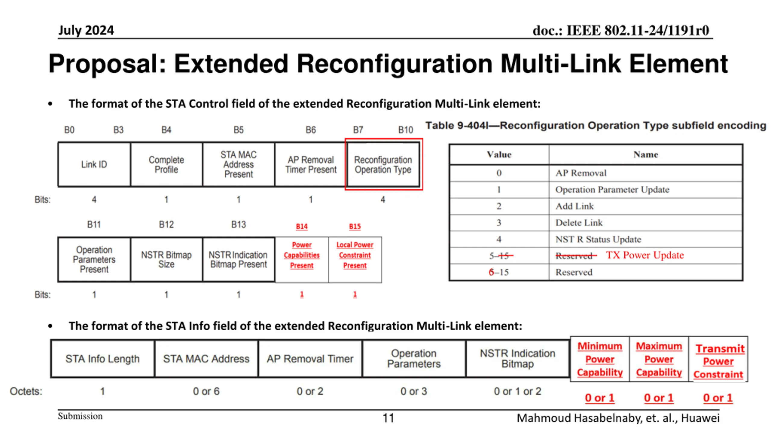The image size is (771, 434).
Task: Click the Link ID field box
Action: pyautogui.click(x=94, y=164)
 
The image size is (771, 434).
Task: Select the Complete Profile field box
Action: pyautogui.click(x=166, y=164)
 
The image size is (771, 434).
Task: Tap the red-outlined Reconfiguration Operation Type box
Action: pyautogui.click(x=383, y=164)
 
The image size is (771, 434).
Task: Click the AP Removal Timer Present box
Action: pyautogui.click(x=311, y=164)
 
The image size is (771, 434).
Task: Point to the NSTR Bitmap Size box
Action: pyautogui.click(x=166, y=259)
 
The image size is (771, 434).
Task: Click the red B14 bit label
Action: pyautogui.click(x=301, y=226)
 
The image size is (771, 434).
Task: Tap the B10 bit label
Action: pyautogui.click(x=405, y=130)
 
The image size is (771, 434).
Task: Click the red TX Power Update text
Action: pyautogui.click(x=645, y=255)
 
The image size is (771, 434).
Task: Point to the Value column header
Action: pyautogui.click(x=499, y=155)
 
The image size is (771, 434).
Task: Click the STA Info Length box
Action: pyautogui.click(x=102, y=359)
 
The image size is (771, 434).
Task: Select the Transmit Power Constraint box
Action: pyautogui.click(x=718, y=361)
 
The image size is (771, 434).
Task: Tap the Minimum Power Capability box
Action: pyautogui.click(x=600, y=359)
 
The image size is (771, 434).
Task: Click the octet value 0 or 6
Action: pyautogui.click(x=206, y=391)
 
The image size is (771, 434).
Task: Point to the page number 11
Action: pyautogui.click(x=388, y=418)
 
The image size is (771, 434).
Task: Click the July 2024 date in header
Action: pyautogui.click(x=86, y=30)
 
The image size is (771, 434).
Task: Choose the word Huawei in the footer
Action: pyautogui.click(x=700, y=418)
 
